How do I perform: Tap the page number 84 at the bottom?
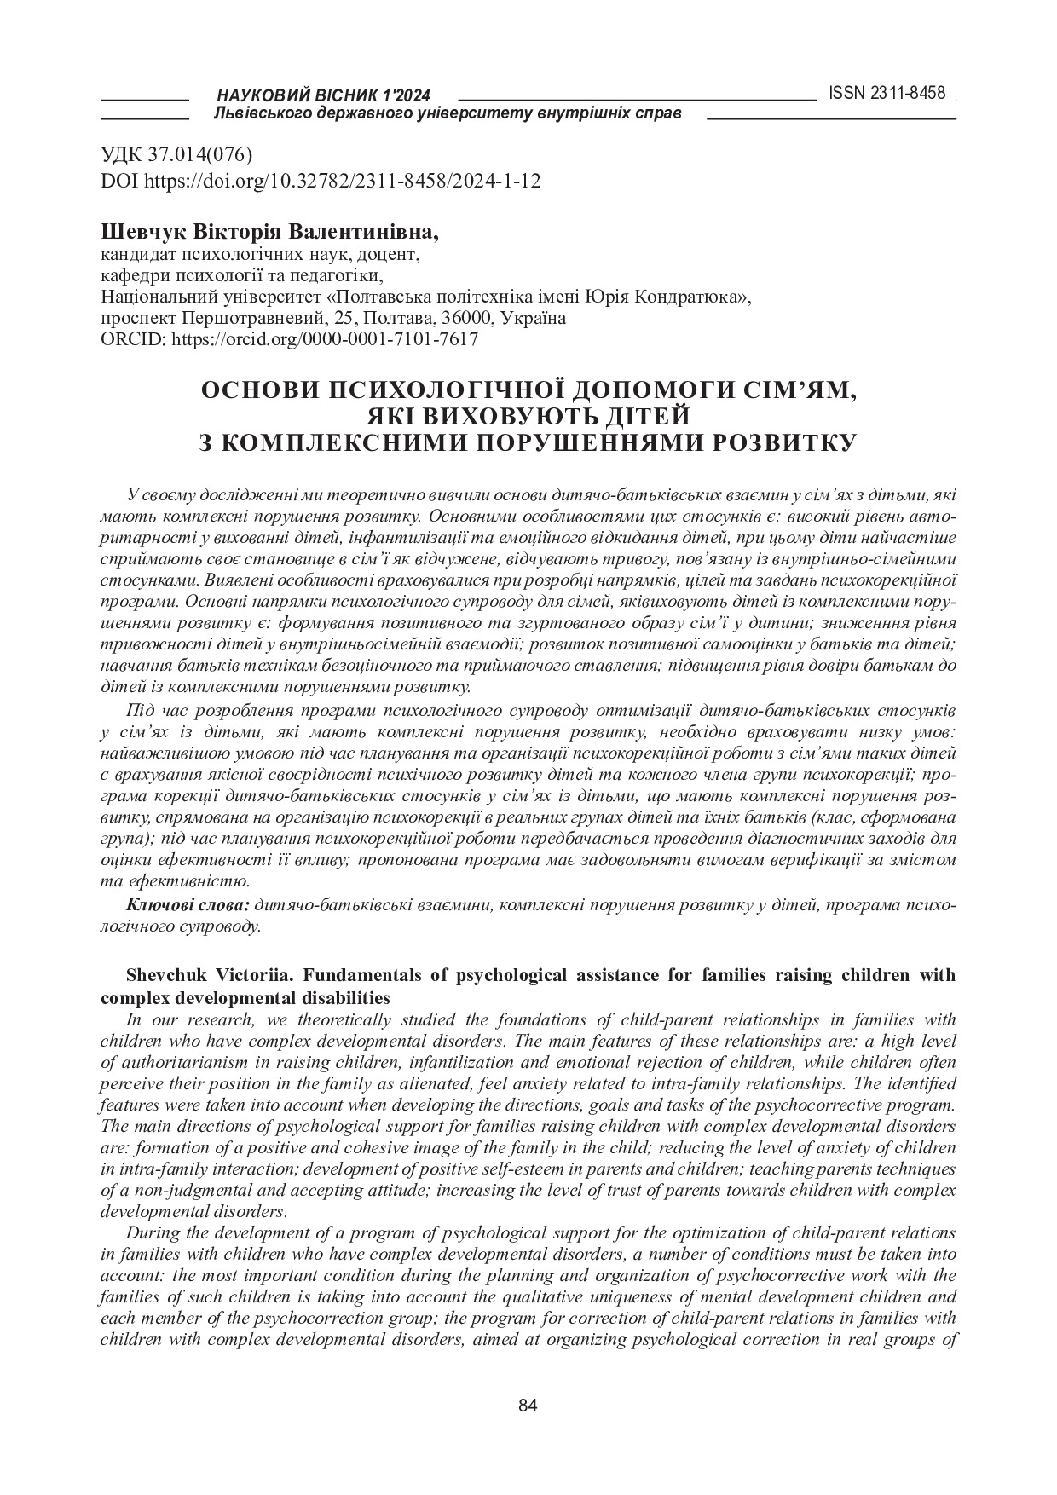[528, 1406]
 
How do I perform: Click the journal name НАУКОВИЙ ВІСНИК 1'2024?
[324, 95]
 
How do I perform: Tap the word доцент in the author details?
[392, 254]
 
